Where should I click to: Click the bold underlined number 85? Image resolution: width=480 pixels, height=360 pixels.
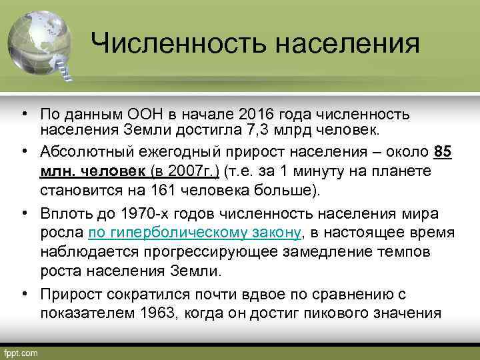[443, 152]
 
